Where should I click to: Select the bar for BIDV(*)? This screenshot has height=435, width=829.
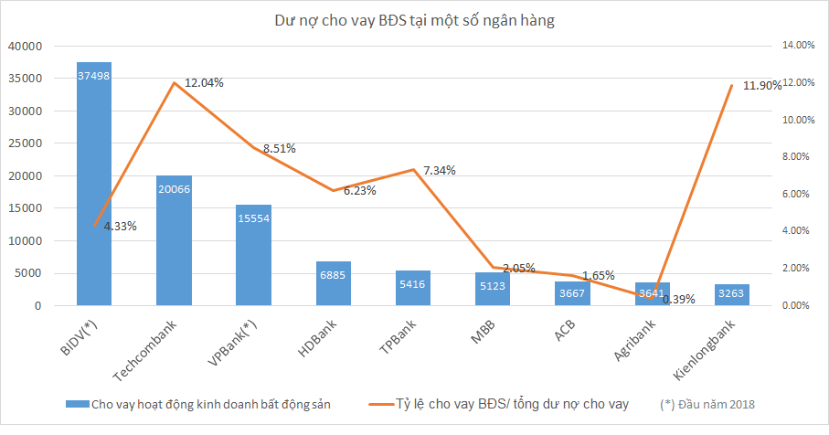click(x=94, y=183)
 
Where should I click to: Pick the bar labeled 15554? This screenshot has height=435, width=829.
click(x=253, y=255)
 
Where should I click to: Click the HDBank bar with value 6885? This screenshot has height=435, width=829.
click(x=333, y=283)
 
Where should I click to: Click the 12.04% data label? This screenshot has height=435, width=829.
click(x=204, y=82)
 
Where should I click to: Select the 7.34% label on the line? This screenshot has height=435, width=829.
click(x=440, y=170)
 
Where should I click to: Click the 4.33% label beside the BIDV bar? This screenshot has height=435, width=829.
click(x=120, y=226)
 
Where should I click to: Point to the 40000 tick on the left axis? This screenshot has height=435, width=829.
click(x=25, y=46)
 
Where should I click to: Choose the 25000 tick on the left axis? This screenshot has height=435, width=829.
click(x=25, y=143)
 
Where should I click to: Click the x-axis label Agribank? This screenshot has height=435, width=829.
click(x=636, y=340)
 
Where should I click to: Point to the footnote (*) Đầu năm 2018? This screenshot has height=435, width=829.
click(x=707, y=403)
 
